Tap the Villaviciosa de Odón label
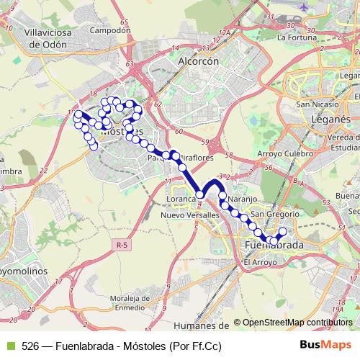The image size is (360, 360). pos(35,37)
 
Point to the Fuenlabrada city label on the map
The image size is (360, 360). pos(274,246)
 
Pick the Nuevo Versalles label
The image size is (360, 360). pos(190,215)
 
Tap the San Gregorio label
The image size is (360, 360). pos(270,214)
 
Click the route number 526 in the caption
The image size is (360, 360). pos(30,346)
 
